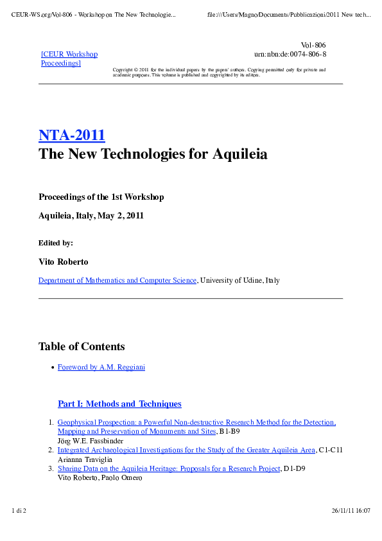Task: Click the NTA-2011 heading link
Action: point(72,136)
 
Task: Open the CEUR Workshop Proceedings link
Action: point(69,58)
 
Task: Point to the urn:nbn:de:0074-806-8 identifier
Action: point(290,55)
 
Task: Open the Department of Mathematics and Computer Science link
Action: point(117,281)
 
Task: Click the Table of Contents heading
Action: point(82,346)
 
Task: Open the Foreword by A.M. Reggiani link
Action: point(101,368)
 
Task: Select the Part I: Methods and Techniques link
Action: point(119,404)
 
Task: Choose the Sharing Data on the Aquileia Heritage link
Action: point(169,468)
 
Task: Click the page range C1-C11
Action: point(331,450)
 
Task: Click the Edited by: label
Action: point(56,243)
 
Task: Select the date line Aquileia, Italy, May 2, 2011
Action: point(91,215)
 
